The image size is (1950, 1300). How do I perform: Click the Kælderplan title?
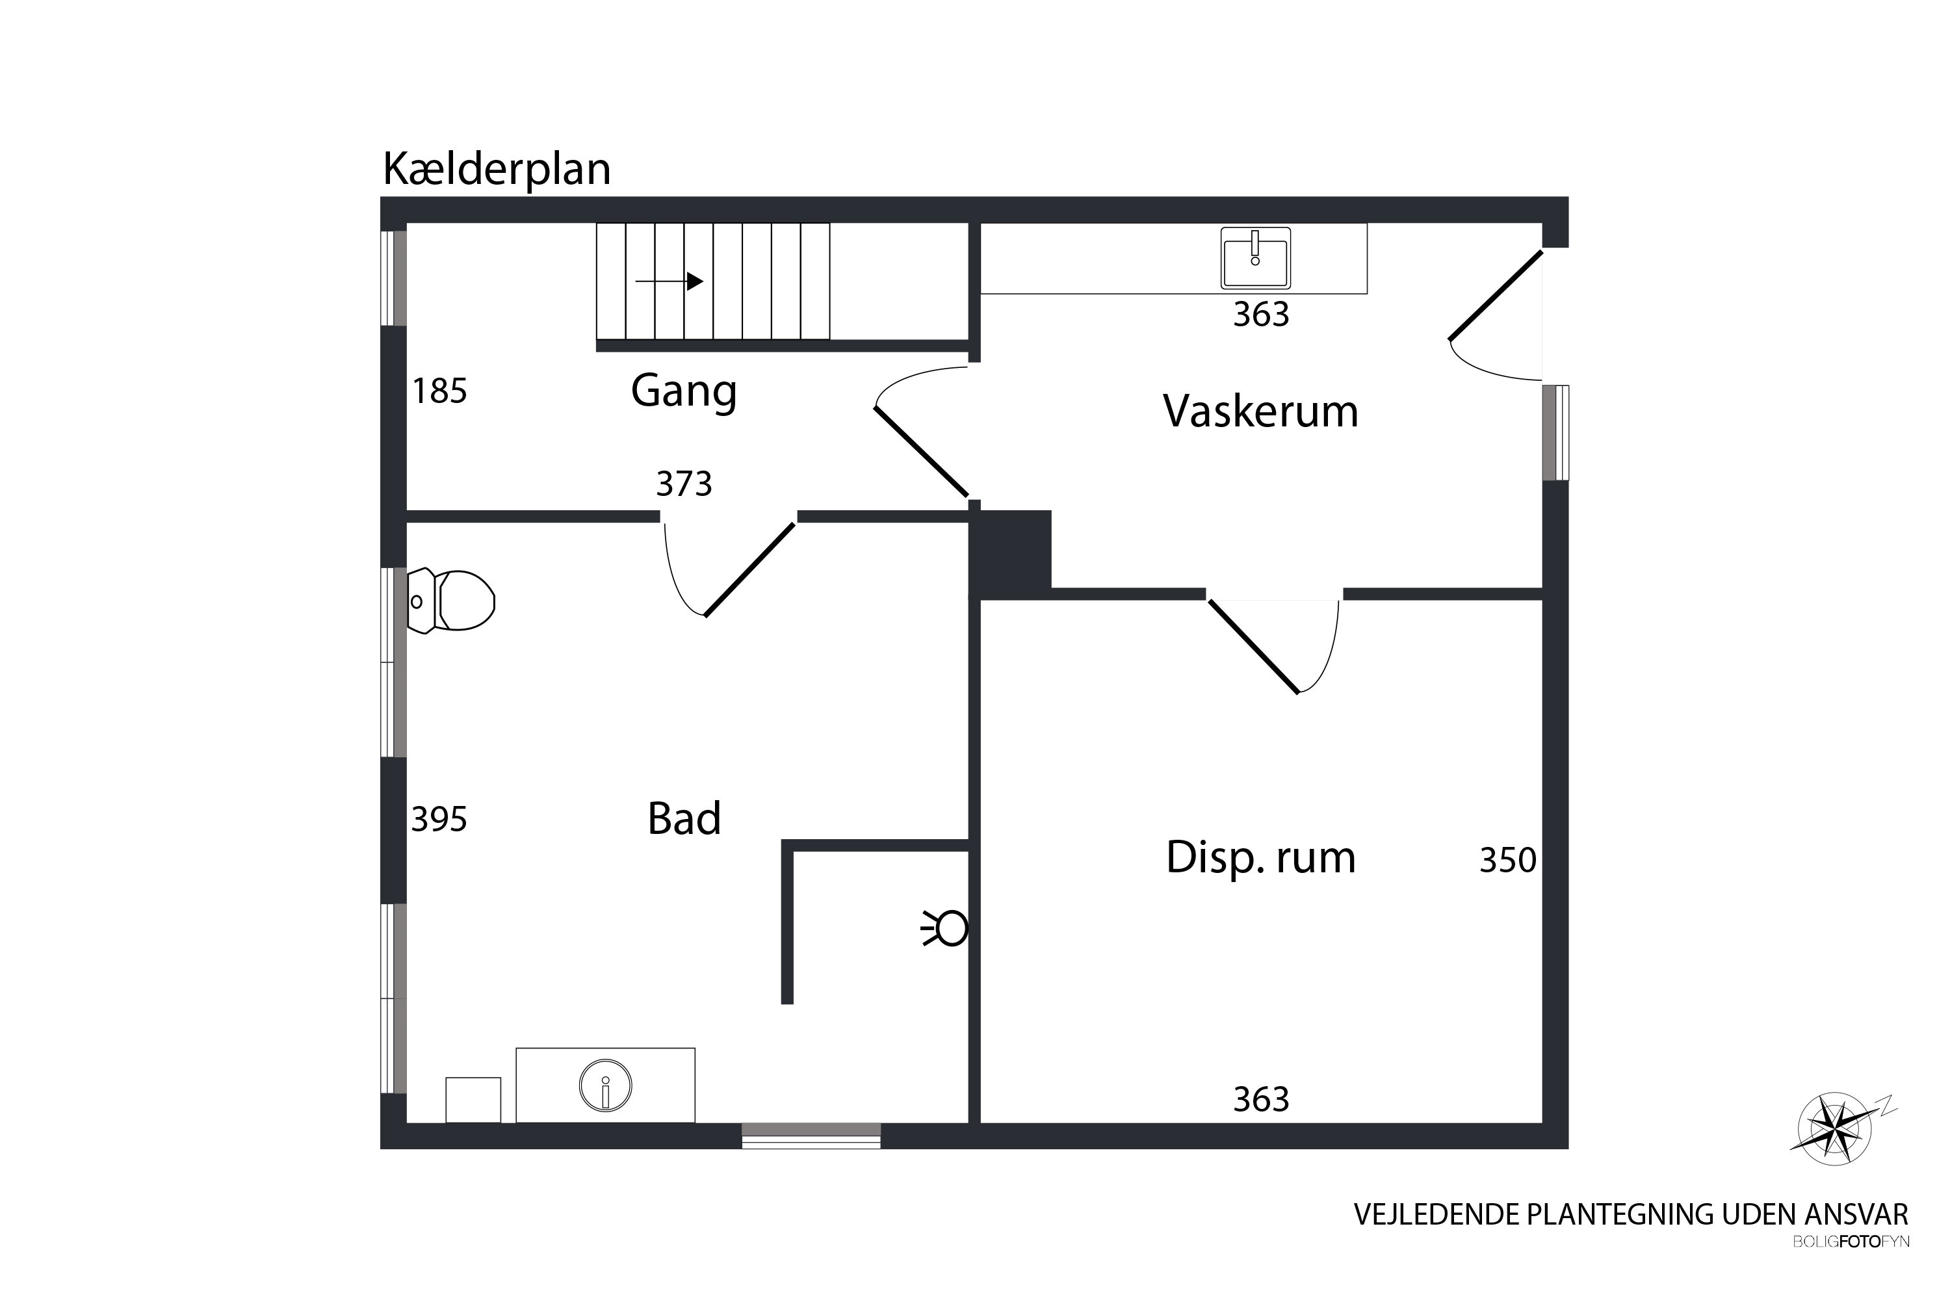(497, 169)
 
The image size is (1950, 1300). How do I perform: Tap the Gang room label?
(684, 391)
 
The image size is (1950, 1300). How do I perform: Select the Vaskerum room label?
(1260, 411)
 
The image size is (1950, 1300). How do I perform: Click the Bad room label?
(684, 818)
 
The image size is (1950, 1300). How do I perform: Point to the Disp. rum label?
(1260, 857)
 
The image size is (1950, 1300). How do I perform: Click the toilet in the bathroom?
(451, 600)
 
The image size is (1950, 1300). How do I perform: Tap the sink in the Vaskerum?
(1255, 258)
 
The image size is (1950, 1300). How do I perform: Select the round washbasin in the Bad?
(605, 1086)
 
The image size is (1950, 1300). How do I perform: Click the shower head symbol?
(945, 929)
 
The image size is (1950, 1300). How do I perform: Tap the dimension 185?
(439, 391)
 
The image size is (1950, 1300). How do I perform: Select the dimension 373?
(684, 484)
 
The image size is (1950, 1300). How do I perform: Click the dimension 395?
(439, 819)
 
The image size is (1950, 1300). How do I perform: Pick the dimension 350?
(1508, 861)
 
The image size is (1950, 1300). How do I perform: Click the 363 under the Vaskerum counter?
(1261, 315)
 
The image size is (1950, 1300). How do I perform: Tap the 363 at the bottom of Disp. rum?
(1261, 1099)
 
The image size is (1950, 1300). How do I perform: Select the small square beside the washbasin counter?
(473, 1100)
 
